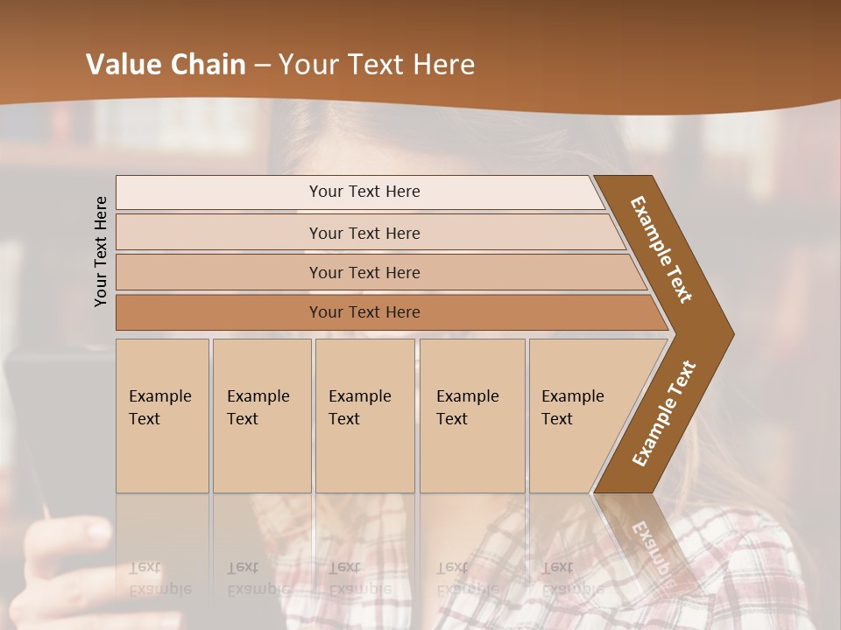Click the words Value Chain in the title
coord(166,65)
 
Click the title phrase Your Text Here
coord(377,65)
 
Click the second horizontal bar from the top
coord(364,233)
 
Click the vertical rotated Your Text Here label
coord(101,251)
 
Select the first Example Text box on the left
coord(162,415)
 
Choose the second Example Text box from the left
coord(261,415)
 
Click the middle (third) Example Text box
coord(364,415)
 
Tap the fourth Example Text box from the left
coord(471,415)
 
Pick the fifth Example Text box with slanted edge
coord(578,415)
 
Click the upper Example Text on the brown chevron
coord(662,249)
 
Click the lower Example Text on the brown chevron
coord(664,413)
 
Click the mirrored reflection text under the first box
coord(159,579)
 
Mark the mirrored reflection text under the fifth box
coord(571,579)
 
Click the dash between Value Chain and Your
coord(262,66)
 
